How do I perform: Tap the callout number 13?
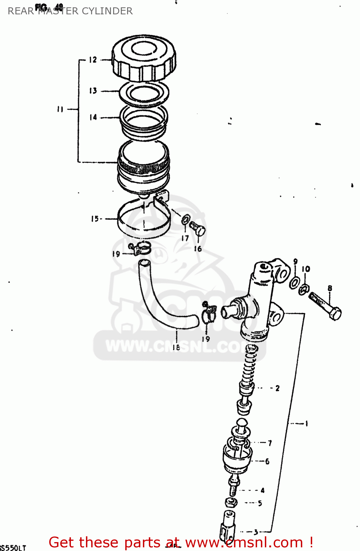(x=93, y=91)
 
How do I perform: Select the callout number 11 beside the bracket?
(x=60, y=109)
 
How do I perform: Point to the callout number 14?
(x=93, y=118)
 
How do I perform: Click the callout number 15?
(x=95, y=219)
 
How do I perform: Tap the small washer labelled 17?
(x=186, y=220)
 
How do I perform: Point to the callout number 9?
(x=296, y=262)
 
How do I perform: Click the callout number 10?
(x=306, y=269)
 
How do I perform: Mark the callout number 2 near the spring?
(x=277, y=388)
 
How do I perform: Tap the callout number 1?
(x=306, y=424)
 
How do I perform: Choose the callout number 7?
(x=270, y=443)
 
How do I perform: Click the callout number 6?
(x=267, y=461)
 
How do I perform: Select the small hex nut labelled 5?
(x=231, y=503)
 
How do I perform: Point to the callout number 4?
(x=262, y=490)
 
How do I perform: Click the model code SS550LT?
(x=13, y=548)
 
